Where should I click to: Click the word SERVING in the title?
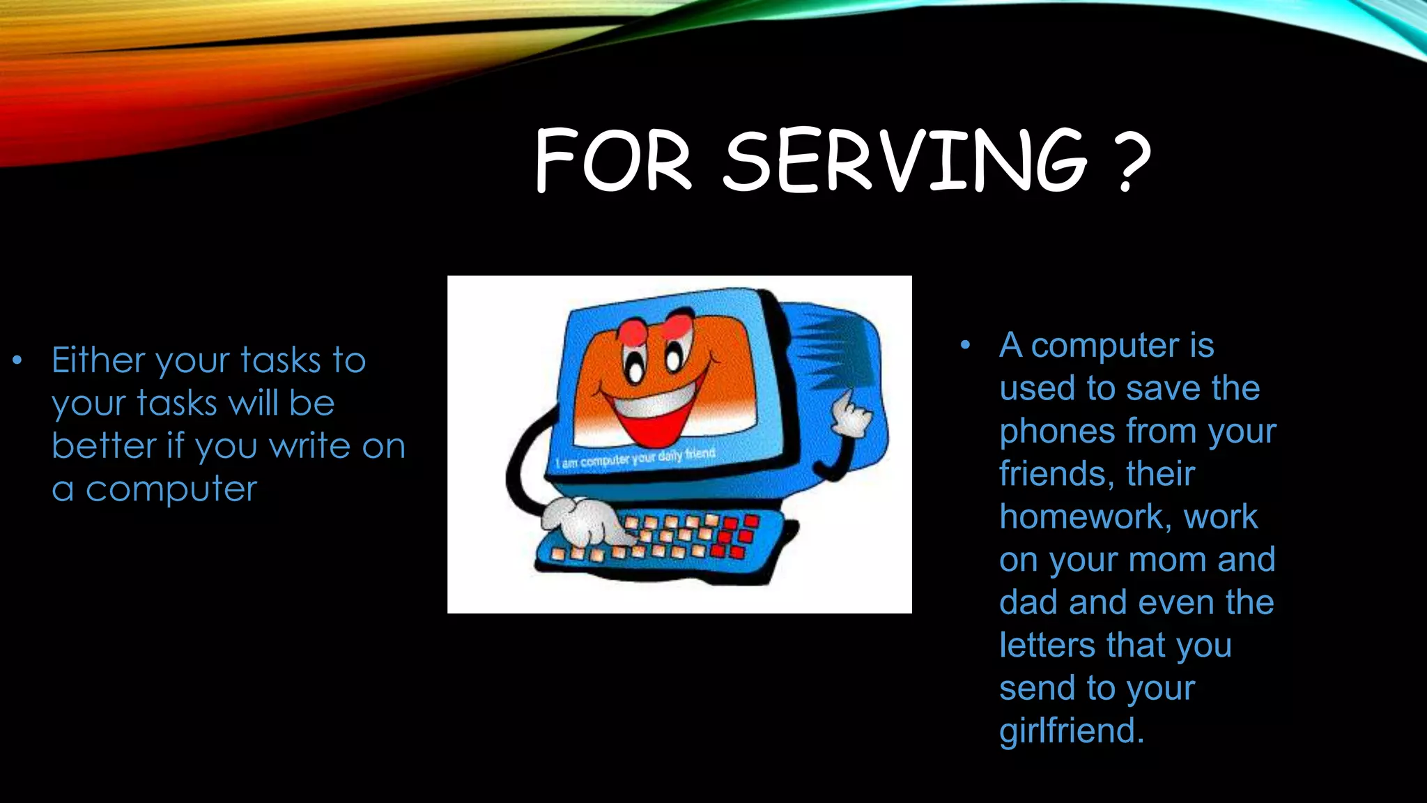904,160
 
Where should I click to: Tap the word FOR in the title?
613,160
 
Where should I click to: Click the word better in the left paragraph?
103,446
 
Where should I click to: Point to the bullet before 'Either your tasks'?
17,361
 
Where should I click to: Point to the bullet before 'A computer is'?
965,345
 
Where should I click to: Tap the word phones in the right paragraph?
1056,432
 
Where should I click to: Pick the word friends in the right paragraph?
1052,474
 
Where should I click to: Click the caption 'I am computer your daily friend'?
635,459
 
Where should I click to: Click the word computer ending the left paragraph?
171,489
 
